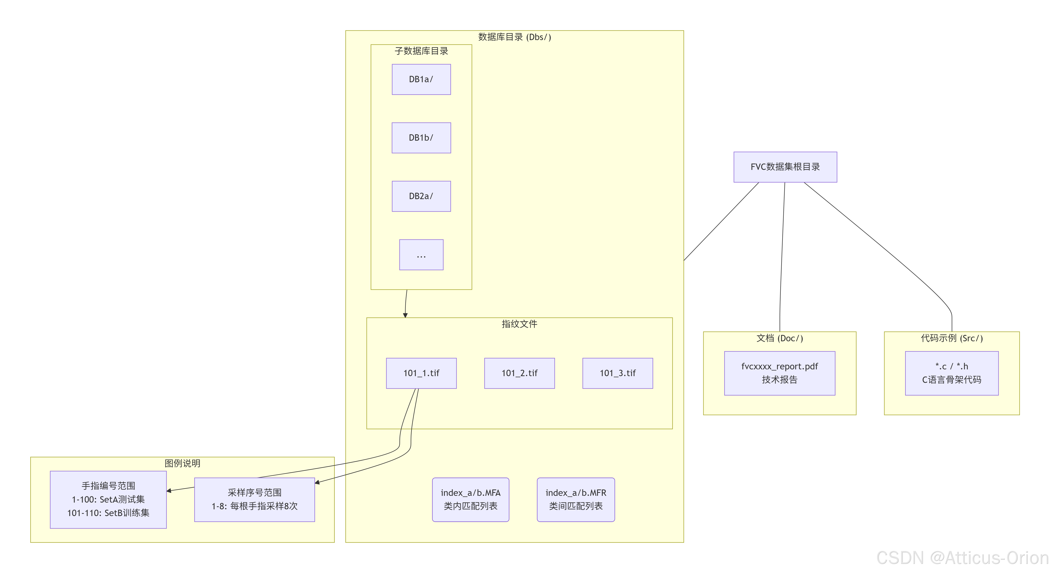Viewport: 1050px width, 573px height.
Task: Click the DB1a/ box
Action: click(421, 79)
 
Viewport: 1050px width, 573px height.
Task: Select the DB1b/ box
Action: click(421, 138)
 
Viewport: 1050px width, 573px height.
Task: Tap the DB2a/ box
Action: click(421, 196)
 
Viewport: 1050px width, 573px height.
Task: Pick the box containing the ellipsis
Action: click(421, 255)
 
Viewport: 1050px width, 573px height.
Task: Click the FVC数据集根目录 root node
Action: click(785, 167)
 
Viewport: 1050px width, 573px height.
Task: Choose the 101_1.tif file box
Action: click(421, 373)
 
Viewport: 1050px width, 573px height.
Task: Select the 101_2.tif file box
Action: click(519, 373)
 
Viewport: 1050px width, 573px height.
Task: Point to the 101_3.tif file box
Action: click(617, 373)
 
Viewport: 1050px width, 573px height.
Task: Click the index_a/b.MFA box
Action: click(470, 500)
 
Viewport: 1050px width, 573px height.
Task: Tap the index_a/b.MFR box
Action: click(576, 500)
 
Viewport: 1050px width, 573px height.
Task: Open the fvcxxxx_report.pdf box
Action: click(779, 373)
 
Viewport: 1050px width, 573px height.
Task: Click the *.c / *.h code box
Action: click(952, 373)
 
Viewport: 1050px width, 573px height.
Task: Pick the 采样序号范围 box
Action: click(254, 500)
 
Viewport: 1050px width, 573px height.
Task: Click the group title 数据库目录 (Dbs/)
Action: click(514, 37)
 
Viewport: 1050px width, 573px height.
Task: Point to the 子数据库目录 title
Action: click(421, 51)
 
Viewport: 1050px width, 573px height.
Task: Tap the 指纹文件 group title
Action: click(519, 324)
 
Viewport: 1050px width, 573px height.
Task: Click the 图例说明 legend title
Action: click(182, 463)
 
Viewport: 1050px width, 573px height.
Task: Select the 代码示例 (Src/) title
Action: click(952, 338)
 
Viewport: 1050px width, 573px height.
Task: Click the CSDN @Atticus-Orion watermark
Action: click(963, 558)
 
